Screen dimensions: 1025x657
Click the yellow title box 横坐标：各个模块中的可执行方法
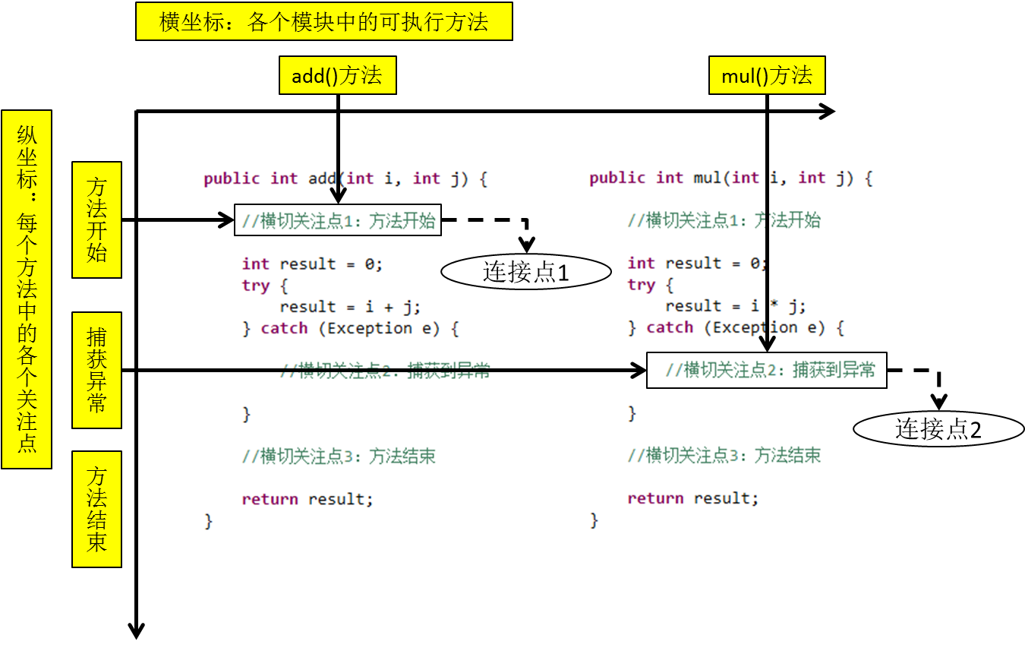pos(324,21)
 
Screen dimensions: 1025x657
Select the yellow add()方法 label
pos(337,75)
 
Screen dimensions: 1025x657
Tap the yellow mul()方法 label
pos(767,75)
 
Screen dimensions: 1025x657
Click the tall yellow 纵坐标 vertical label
pos(27,289)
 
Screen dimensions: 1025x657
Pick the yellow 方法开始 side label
pos(96,220)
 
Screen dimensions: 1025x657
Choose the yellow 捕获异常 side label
pos(96,370)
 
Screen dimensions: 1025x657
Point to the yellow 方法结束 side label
pos(96,509)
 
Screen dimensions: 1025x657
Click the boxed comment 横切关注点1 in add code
pos(338,220)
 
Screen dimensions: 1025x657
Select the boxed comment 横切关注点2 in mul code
pos(767,370)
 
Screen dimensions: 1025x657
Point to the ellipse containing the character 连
pos(471,271)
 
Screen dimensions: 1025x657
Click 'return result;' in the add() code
pos(307,499)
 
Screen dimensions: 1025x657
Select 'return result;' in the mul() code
pos(692,498)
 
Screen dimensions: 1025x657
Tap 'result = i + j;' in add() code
pos(350,307)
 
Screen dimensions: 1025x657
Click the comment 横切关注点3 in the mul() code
pos(724,455)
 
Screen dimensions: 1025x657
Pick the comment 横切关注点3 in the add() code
pos(339,456)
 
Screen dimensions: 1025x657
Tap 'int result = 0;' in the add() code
pos(312,264)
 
